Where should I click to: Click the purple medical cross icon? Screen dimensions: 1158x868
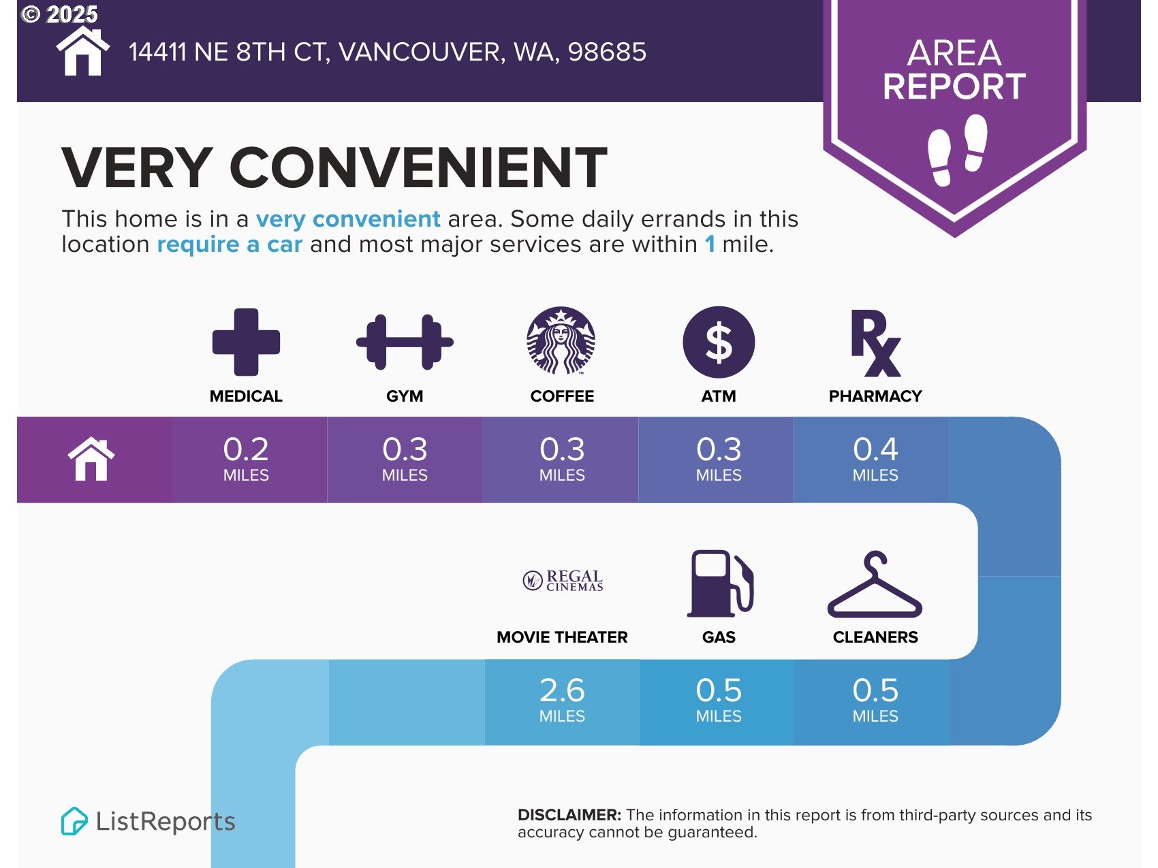pos(246,342)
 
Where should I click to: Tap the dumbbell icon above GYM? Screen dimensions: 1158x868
pos(405,342)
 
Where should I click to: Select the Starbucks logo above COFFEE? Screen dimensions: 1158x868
pos(561,340)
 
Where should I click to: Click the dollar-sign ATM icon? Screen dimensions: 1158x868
pos(719,342)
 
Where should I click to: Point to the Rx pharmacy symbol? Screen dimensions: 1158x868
pos(876,343)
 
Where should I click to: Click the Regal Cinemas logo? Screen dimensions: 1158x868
pos(563,581)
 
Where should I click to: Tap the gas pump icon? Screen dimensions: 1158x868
pos(721,583)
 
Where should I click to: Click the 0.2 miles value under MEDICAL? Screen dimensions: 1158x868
pos(246,459)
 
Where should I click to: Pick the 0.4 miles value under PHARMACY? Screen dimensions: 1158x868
pos(875,459)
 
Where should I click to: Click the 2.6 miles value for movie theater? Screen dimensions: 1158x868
pos(562,700)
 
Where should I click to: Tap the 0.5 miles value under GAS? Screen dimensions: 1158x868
pos(719,700)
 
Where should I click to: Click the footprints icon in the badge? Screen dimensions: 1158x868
pos(958,150)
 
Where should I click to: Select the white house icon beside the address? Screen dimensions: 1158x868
pos(82,51)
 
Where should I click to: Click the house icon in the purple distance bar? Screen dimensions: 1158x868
pos(91,459)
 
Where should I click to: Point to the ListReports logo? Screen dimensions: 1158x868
pos(148,821)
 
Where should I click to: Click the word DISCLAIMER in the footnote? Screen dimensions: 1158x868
pos(569,815)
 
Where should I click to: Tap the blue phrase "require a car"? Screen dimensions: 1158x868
pos(230,244)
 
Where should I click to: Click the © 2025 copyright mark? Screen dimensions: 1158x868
pos(60,14)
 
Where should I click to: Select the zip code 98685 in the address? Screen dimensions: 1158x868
pos(607,52)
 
